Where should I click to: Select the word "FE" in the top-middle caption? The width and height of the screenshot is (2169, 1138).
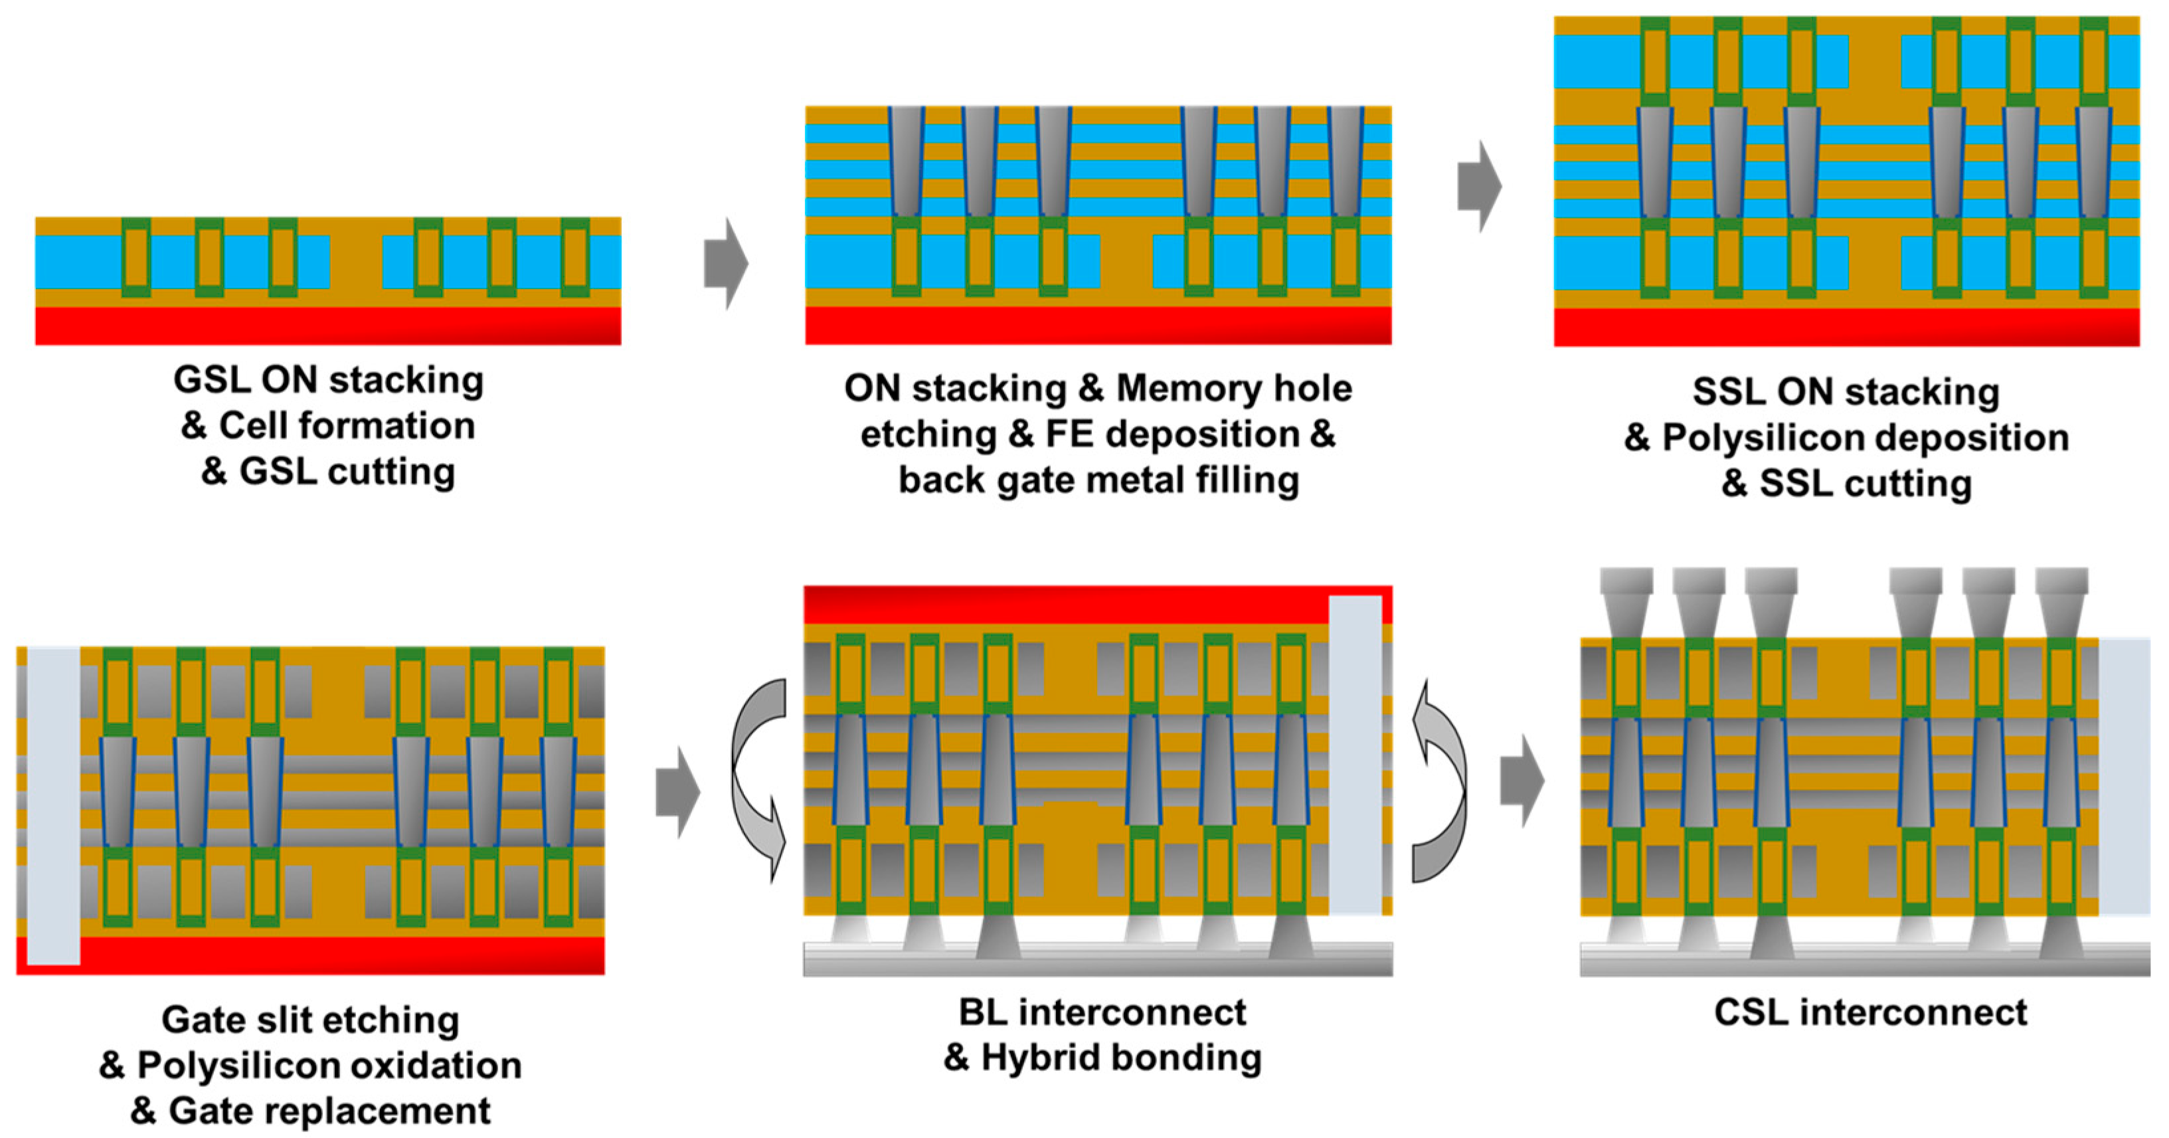point(1069,434)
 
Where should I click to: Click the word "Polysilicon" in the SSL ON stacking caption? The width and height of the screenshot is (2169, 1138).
point(1864,438)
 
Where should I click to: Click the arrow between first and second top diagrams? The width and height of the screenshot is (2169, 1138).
point(725,264)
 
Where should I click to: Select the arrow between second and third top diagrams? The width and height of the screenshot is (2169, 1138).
point(1478,186)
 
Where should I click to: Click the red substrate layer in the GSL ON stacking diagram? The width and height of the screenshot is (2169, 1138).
point(327,325)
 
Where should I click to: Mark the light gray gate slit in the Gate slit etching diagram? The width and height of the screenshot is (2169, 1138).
point(53,805)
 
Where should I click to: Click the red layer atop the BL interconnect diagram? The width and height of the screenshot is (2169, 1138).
point(1061,604)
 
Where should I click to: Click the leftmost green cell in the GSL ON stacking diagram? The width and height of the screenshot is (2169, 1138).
point(136,257)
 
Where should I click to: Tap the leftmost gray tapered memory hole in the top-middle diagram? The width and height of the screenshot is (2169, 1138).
point(907,161)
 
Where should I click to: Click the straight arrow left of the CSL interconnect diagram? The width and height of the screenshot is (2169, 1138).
point(1521,780)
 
